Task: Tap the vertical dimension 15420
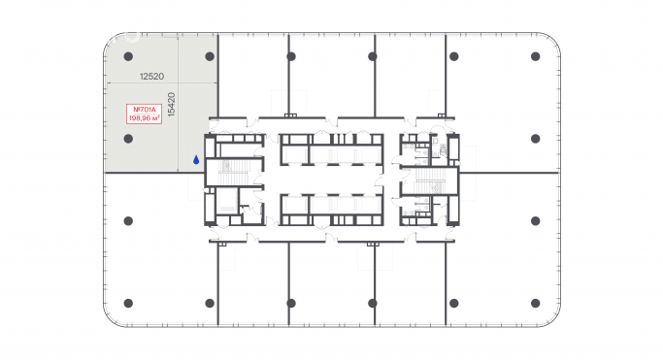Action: pyautogui.click(x=171, y=105)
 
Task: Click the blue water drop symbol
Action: pyautogui.click(x=195, y=160)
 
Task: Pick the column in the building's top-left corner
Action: pyautogui.click(x=129, y=56)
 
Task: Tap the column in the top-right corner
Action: pyautogui.click(x=534, y=56)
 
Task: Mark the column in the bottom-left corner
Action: pyautogui.click(x=129, y=303)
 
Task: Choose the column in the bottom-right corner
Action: pyautogui.click(x=534, y=303)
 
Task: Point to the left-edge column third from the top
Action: pyautogui.click(x=129, y=220)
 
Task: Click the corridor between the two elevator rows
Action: pyautogui.click(x=330, y=180)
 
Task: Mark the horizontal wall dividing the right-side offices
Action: pyautogui.click(x=510, y=173)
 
